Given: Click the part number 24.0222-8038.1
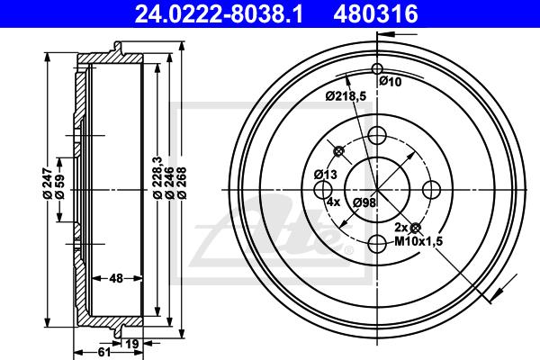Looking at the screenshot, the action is [219, 14].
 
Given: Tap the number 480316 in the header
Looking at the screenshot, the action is [375, 14].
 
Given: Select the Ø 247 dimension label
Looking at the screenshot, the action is [48, 184].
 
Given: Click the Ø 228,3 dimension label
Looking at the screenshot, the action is [157, 177].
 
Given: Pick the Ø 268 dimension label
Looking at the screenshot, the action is [182, 183].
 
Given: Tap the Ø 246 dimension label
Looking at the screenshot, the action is [169, 183].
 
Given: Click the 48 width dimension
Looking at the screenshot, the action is [117, 278].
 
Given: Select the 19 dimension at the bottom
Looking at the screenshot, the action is [132, 344].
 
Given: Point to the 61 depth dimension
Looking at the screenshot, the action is [103, 352].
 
